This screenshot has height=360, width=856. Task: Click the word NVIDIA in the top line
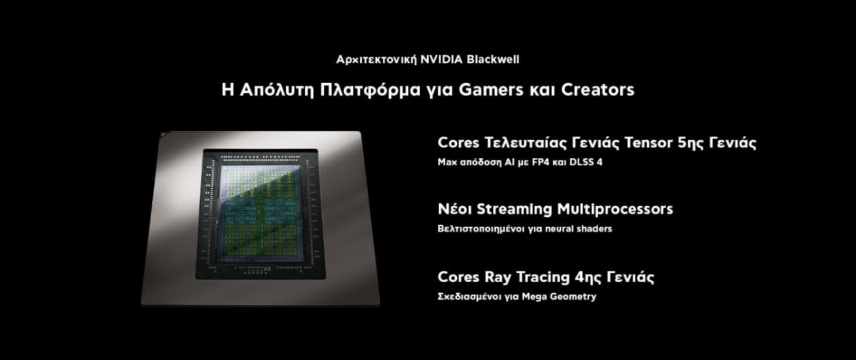[442, 60]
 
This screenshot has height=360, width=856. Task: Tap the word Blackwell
[493, 60]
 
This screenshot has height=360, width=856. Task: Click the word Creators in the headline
[598, 90]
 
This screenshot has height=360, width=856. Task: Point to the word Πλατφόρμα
[370, 90]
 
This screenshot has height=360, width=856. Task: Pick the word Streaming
[514, 209]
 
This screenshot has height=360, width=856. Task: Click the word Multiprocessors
[615, 209]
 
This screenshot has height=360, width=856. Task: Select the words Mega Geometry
[558, 297]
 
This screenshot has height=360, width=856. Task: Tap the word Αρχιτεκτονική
[376, 60]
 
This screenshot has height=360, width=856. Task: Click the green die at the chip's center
[260, 214]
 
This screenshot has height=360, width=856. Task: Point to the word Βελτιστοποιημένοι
[480, 228]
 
